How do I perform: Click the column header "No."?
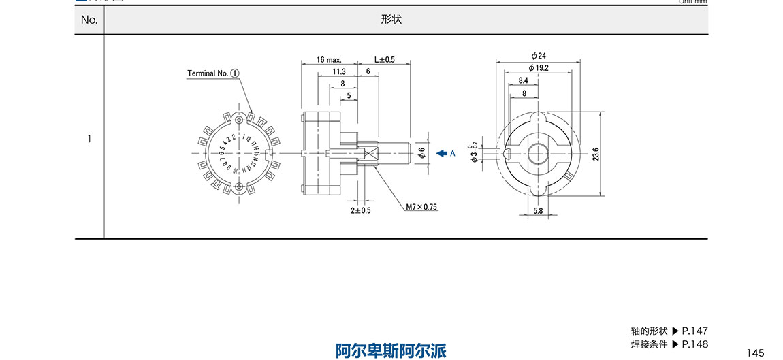click(89, 20)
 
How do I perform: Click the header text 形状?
click(391, 20)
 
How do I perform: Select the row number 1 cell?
click(89, 139)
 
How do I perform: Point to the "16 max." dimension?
click(329, 60)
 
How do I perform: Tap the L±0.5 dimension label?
click(385, 60)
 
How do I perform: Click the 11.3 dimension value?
click(339, 71)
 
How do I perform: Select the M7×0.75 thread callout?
click(421, 207)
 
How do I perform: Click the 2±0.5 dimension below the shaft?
click(361, 210)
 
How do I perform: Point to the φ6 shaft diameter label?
click(421, 153)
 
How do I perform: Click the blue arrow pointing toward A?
click(441, 153)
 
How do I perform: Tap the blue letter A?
click(452, 154)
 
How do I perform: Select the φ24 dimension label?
click(539, 56)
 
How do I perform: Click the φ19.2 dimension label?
click(539, 68)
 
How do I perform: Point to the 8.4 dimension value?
click(524, 80)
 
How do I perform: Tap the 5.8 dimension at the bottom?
click(538, 212)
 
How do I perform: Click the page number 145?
click(755, 353)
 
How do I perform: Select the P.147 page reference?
click(695, 331)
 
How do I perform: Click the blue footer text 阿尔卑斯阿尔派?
click(391, 350)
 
